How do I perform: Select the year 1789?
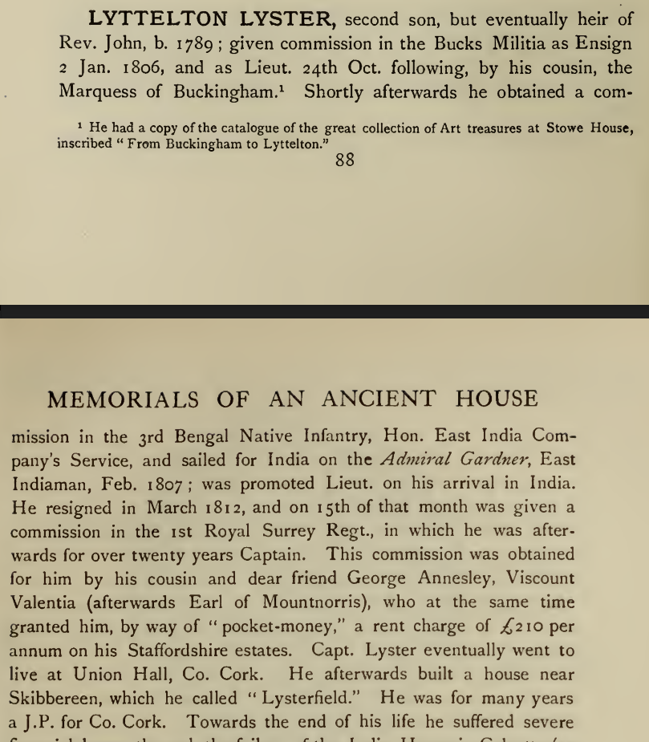coord(180,43)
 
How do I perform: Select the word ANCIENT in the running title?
coord(383,399)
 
